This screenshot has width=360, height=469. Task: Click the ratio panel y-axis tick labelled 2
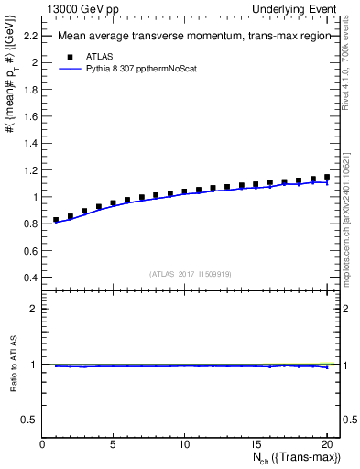[x=35, y=309]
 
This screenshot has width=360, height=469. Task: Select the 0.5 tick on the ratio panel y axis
[x=30, y=420]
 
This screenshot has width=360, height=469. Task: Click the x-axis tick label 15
[x=256, y=446]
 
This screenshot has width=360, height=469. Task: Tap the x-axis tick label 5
[x=113, y=446]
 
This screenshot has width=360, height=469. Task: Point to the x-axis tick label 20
[x=326, y=446]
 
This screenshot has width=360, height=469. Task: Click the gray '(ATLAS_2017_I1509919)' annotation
[x=190, y=273]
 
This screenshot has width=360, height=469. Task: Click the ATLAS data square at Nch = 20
[x=327, y=177]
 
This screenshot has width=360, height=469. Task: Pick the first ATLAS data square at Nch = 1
[x=56, y=220]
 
